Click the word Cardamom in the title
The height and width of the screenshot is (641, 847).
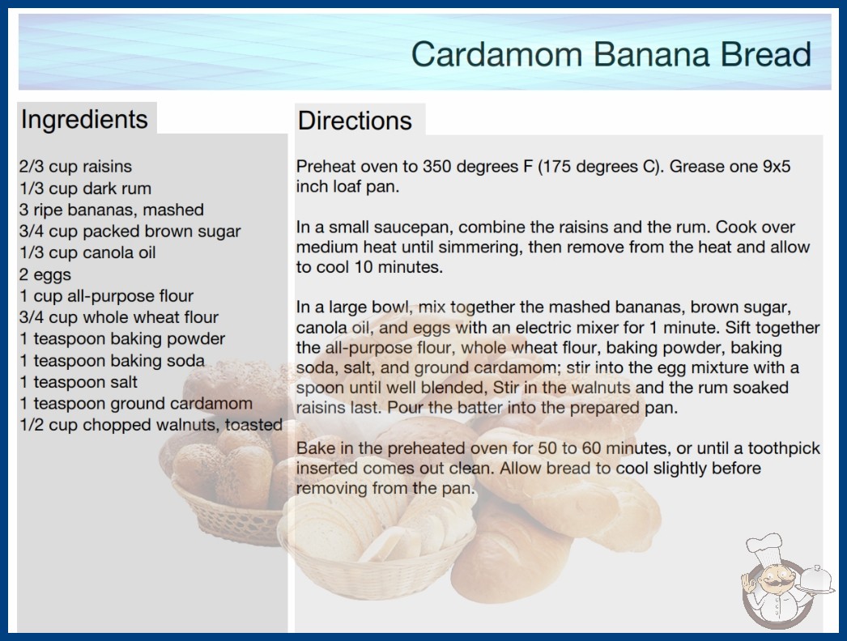[x=497, y=54]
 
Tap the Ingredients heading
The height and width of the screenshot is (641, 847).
[x=84, y=120]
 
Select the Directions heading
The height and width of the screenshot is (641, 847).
[x=355, y=121]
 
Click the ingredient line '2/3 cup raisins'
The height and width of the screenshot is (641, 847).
[x=75, y=167]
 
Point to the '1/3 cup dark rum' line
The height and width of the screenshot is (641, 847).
[x=85, y=189]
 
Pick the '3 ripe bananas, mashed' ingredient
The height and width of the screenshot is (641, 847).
[x=111, y=210]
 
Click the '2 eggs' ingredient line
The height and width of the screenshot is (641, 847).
[x=45, y=275]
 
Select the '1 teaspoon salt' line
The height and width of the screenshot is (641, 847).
[x=79, y=382]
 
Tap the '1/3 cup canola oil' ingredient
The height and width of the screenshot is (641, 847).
[x=87, y=253]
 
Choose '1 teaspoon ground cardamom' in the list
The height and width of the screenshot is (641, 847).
[x=136, y=404]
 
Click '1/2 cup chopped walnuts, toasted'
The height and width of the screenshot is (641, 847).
[x=151, y=426]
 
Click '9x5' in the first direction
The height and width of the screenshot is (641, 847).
[x=777, y=167]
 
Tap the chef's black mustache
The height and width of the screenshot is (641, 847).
[x=776, y=582]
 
